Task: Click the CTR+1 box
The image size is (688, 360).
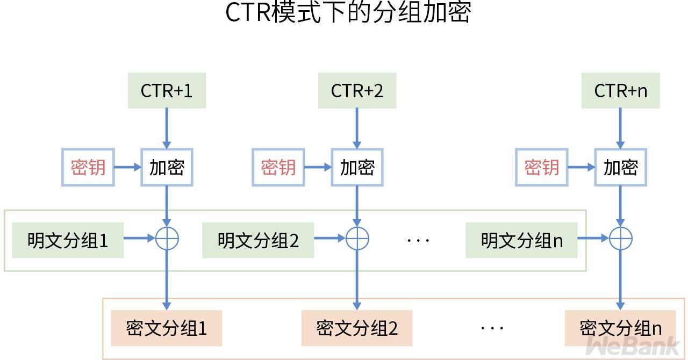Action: pos(167,91)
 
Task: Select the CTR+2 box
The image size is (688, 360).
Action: pos(357,91)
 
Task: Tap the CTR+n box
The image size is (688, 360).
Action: pos(620,91)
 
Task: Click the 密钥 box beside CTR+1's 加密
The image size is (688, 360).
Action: pos(88,168)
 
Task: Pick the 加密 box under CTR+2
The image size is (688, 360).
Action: pos(357,168)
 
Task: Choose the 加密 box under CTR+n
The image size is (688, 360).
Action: pos(620,168)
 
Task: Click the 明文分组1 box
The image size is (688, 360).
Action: pos(68,240)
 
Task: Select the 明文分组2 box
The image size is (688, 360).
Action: pos(258,240)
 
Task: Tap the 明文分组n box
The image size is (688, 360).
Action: pos(521,240)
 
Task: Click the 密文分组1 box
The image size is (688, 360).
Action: pos(166,328)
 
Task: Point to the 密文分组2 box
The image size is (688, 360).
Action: pos(357,328)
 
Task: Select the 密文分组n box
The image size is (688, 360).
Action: pos(620,328)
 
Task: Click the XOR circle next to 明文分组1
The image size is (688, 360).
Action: pos(167,239)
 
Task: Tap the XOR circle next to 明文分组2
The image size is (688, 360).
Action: pos(357,239)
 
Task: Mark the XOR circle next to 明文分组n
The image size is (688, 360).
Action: pos(620,239)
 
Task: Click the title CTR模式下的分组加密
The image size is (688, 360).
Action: pos(348,13)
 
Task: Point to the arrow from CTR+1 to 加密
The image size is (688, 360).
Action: pos(167,128)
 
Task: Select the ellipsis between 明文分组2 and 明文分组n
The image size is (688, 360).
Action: pos(418,240)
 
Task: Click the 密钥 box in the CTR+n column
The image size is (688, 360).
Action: pos(542,168)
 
